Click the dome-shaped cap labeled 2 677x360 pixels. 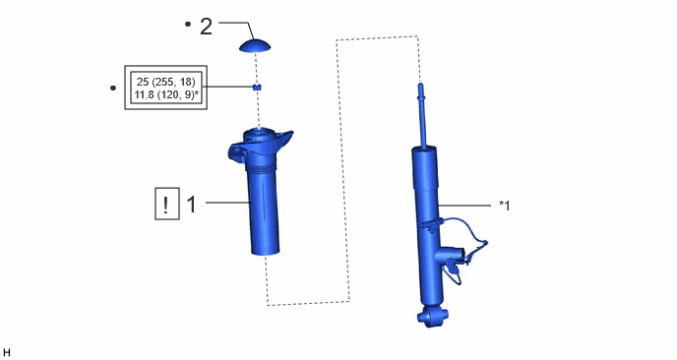255,46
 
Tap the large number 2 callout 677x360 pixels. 206,27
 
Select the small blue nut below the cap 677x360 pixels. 257,88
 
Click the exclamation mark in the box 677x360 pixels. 166,205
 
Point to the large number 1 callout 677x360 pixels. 191,204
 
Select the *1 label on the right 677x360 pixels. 504,206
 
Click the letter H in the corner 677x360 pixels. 7,353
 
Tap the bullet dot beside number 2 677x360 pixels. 187,25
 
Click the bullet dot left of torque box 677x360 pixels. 113,89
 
